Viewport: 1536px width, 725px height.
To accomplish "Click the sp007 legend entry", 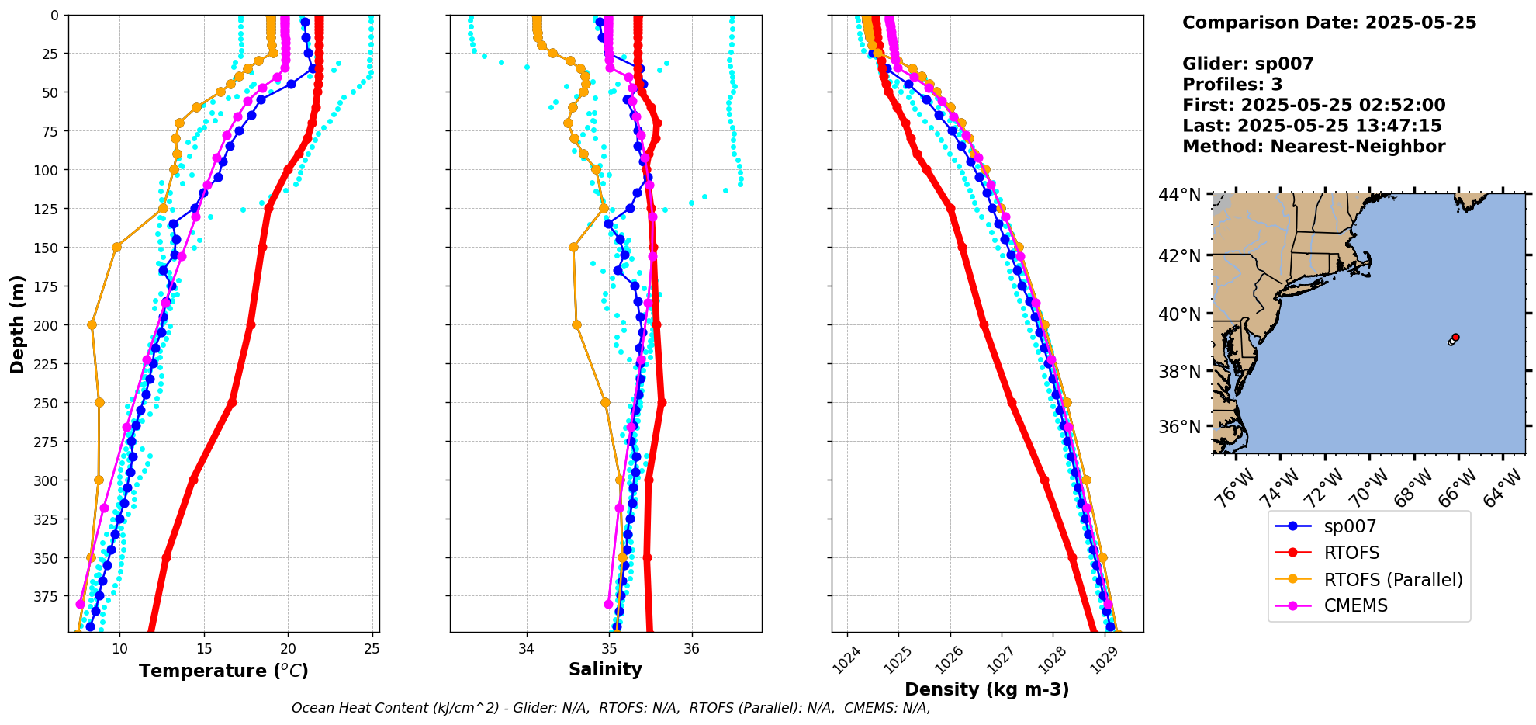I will [x=1350, y=526].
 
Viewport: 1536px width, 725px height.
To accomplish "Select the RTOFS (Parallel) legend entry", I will [x=1392, y=580].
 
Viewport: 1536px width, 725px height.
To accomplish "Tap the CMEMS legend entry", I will [x=1355, y=605].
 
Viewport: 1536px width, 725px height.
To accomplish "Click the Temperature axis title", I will [x=223, y=671].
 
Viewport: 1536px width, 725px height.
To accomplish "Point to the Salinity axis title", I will [x=605, y=669].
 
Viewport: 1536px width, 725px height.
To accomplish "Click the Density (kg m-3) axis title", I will [x=987, y=689].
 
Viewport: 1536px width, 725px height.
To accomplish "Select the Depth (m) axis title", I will [x=17, y=324].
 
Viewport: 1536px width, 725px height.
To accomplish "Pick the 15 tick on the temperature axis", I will [x=204, y=649].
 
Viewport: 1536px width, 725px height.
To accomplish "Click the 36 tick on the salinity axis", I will [x=691, y=649].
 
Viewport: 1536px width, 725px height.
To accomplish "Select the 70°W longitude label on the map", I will [x=1368, y=489].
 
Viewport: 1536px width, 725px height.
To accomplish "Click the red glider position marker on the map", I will [x=1455, y=337].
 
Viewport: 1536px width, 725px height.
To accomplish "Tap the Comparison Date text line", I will [x=1329, y=23].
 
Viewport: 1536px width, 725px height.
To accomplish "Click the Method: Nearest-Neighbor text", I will [x=1313, y=147].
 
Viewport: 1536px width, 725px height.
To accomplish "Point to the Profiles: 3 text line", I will [x=1232, y=85].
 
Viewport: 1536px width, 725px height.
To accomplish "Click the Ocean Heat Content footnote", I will [x=611, y=708].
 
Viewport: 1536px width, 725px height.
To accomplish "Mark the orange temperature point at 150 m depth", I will [x=116, y=248].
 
